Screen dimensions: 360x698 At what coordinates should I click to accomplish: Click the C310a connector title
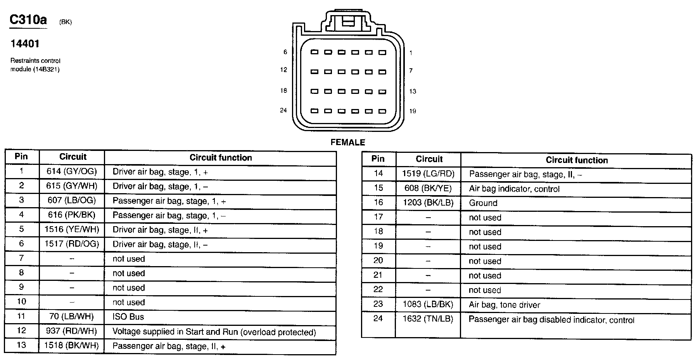pos(28,20)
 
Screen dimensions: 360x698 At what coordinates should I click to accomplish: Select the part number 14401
pos(25,44)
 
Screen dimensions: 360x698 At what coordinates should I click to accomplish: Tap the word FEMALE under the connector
pos(348,142)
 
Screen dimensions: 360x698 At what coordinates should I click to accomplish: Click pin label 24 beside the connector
pos(283,111)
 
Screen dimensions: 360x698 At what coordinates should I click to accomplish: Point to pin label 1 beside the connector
pos(411,53)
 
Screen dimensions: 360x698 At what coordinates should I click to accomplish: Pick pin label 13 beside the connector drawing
pos(413,92)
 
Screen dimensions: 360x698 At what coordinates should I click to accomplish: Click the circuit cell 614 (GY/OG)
pos(71,171)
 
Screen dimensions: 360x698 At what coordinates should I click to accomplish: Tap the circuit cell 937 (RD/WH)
pos(71,331)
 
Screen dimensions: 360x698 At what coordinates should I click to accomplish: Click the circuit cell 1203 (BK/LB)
pos(428,203)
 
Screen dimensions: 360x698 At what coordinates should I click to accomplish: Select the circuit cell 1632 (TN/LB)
pos(428,319)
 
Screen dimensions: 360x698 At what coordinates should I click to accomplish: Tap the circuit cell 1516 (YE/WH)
pos(71,229)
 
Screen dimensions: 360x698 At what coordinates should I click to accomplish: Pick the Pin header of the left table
pos(21,156)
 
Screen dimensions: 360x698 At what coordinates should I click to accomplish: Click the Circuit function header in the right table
pos(577,160)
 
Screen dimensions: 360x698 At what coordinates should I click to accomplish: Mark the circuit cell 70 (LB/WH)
pos(71,317)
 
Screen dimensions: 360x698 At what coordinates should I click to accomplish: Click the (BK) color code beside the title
pos(66,22)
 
